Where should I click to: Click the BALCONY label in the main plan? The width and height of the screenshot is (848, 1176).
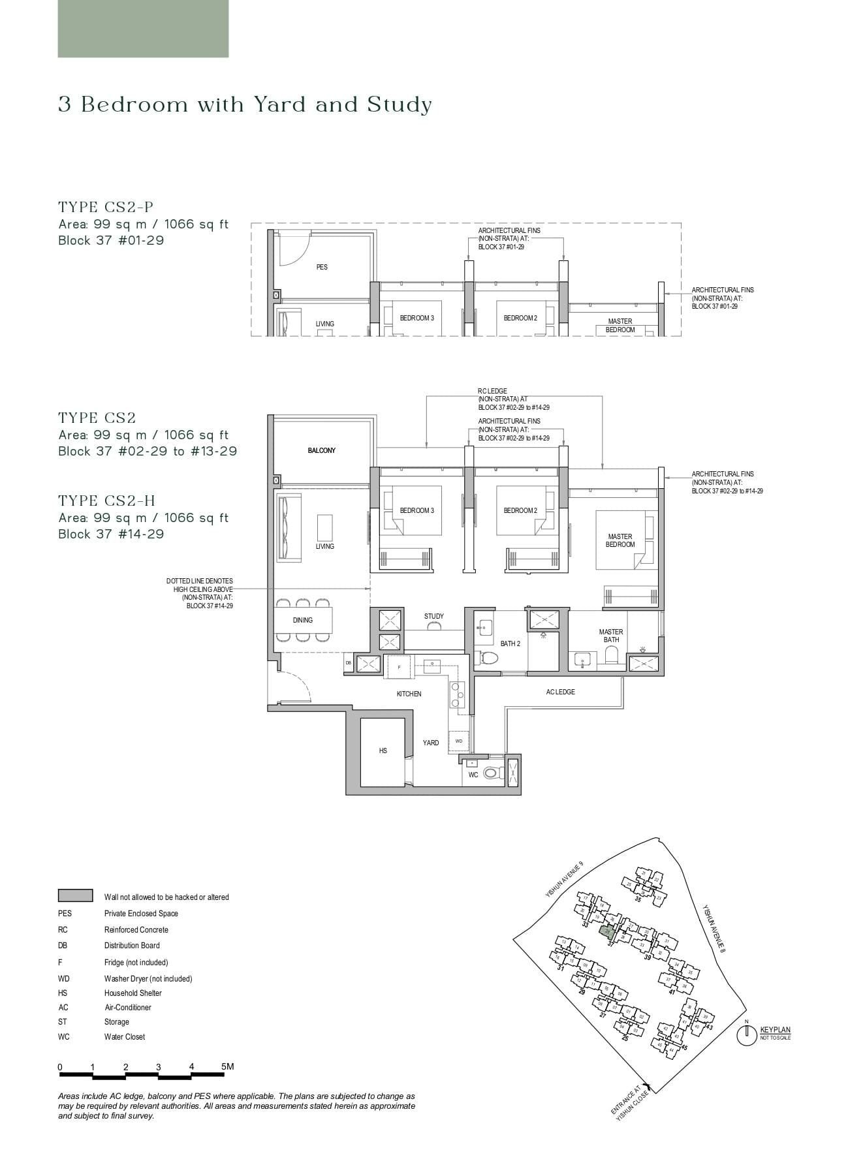[321, 450]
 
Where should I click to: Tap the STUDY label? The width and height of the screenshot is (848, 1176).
[433, 616]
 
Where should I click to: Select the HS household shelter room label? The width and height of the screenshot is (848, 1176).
[383, 751]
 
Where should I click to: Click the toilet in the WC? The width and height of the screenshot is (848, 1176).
[492, 773]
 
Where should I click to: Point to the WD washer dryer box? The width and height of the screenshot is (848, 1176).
[459, 741]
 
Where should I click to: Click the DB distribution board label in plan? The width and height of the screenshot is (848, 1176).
[348, 663]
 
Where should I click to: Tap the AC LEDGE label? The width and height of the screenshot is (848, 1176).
[560, 692]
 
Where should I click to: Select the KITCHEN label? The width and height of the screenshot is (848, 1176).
[409, 694]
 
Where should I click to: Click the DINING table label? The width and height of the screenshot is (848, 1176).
[302, 620]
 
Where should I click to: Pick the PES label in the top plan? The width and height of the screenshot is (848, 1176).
[322, 267]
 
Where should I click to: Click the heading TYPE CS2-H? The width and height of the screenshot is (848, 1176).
[106, 501]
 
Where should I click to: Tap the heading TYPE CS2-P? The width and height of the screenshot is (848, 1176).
[106, 207]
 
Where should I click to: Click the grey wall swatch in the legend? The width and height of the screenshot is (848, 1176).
[75, 895]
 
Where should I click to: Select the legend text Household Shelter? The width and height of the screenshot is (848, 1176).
[133, 993]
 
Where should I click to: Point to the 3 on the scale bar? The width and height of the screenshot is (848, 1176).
[159, 1067]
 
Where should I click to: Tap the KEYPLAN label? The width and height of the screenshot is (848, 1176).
[775, 1030]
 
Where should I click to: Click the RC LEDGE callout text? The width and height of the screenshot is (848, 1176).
[492, 391]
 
